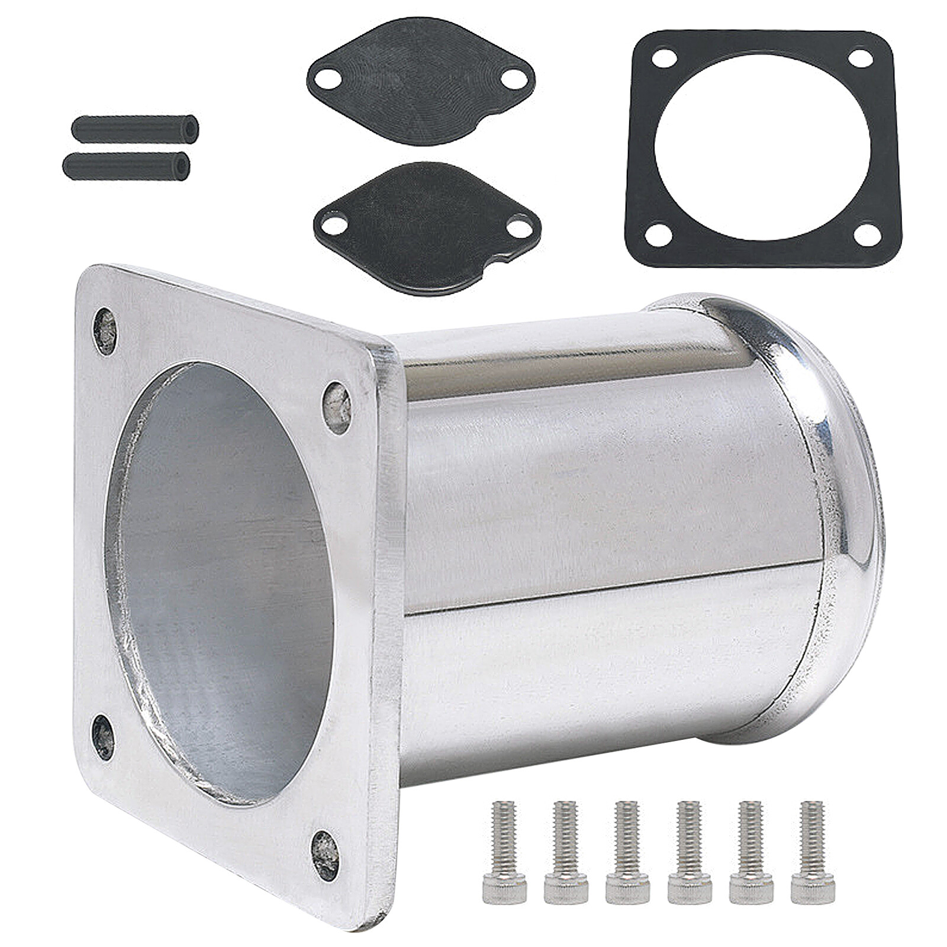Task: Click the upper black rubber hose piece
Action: (x=135, y=128)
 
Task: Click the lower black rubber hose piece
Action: (x=127, y=166)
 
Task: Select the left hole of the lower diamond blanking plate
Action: (x=336, y=224)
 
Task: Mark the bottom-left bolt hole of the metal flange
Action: (x=104, y=737)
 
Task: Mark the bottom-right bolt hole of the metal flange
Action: (x=326, y=854)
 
